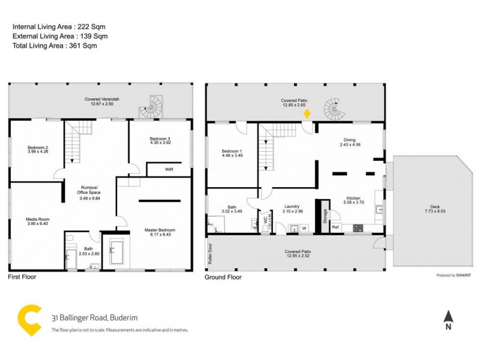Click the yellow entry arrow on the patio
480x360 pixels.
(307, 113)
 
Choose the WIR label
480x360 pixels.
(169, 170)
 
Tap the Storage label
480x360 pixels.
(325, 215)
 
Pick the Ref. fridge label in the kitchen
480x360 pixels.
(336, 227)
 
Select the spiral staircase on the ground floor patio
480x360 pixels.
(334, 109)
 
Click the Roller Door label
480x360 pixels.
(210, 254)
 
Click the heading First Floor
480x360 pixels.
(22, 277)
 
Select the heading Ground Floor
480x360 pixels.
(223, 277)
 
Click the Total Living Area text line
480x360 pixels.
(55, 46)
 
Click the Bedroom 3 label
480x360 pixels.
(161, 139)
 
